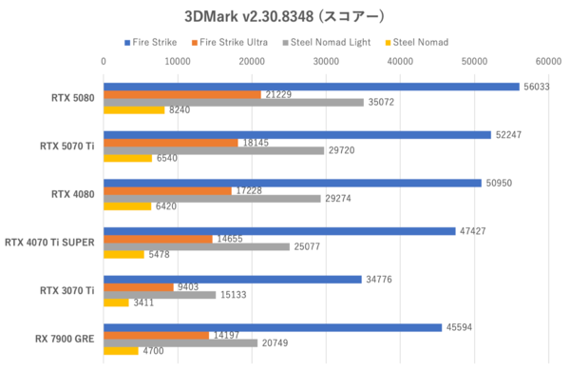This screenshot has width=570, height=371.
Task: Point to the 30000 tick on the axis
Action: click(326, 61)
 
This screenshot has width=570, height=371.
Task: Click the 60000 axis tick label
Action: click(548, 61)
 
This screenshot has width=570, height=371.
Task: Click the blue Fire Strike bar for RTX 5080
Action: click(311, 86)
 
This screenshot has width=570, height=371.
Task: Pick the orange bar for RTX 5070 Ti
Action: click(171, 143)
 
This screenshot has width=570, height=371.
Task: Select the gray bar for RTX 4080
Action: click(212, 199)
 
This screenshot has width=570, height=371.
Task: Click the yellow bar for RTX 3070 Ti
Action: click(116, 303)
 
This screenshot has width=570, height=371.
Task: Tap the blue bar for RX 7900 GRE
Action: click(273, 327)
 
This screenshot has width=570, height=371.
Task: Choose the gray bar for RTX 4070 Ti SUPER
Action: click(197, 246)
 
